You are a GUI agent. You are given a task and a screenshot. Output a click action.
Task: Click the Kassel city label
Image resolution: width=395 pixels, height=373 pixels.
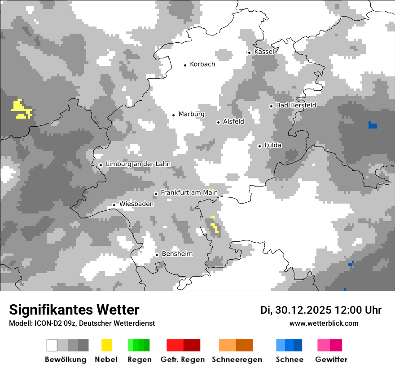(x=264, y=52)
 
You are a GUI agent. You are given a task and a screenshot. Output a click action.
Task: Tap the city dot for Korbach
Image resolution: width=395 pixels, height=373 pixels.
(x=185, y=65)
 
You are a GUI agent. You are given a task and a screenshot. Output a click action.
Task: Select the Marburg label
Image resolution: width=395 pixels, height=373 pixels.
(x=191, y=114)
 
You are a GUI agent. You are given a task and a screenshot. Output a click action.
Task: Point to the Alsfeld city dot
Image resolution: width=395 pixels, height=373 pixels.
(x=218, y=122)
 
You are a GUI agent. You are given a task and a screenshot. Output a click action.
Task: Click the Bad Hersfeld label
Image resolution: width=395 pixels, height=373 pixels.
(x=296, y=105)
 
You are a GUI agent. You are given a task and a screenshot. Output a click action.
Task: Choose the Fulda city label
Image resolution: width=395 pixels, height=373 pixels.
(x=273, y=145)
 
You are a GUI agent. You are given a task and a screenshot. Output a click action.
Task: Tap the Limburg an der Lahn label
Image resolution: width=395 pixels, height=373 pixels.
(x=138, y=164)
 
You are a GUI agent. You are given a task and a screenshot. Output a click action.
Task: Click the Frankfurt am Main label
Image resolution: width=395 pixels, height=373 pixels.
(x=189, y=193)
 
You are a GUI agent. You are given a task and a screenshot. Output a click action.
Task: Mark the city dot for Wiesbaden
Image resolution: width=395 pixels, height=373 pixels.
(x=114, y=205)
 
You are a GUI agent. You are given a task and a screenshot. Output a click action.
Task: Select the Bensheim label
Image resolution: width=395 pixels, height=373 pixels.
(x=177, y=254)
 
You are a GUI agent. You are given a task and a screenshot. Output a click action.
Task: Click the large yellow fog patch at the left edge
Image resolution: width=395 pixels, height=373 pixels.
(x=21, y=109)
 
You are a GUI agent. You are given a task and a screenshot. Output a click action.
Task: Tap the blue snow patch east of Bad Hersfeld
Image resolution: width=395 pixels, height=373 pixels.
(x=372, y=125)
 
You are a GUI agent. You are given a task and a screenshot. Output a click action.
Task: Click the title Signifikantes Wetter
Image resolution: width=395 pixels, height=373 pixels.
(x=74, y=310)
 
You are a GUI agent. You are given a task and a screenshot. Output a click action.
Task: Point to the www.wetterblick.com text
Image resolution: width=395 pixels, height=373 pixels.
(x=324, y=323)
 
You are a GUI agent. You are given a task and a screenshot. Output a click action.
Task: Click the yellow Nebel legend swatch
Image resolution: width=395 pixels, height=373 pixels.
(x=106, y=345)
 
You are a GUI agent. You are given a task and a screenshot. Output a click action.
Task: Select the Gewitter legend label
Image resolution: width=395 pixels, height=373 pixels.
(x=331, y=360)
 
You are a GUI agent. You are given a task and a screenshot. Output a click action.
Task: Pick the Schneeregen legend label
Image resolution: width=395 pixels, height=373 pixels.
(x=237, y=360)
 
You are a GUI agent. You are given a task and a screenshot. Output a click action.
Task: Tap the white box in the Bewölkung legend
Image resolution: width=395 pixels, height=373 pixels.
(x=52, y=345)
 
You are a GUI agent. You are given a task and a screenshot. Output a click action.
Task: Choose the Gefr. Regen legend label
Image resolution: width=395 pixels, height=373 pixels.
(x=183, y=360)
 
